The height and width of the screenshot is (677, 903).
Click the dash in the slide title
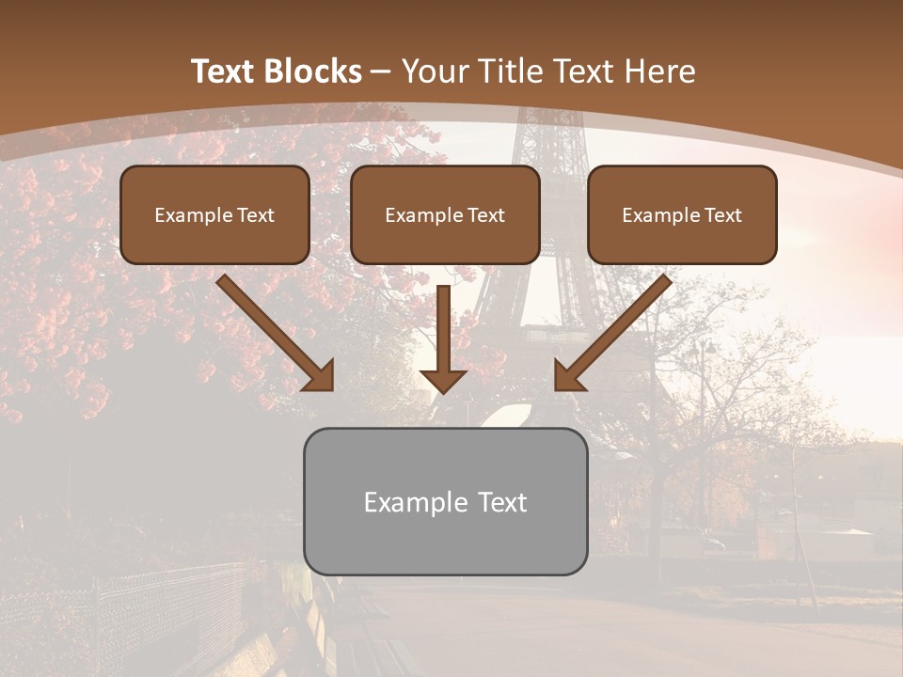[x=380, y=72]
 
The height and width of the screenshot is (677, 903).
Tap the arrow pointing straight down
[x=443, y=334]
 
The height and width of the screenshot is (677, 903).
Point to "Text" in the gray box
[x=502, y=502]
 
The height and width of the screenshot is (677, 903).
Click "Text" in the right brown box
[x=723, y=215]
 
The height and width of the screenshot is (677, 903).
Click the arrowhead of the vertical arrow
[x=443, y=381]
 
